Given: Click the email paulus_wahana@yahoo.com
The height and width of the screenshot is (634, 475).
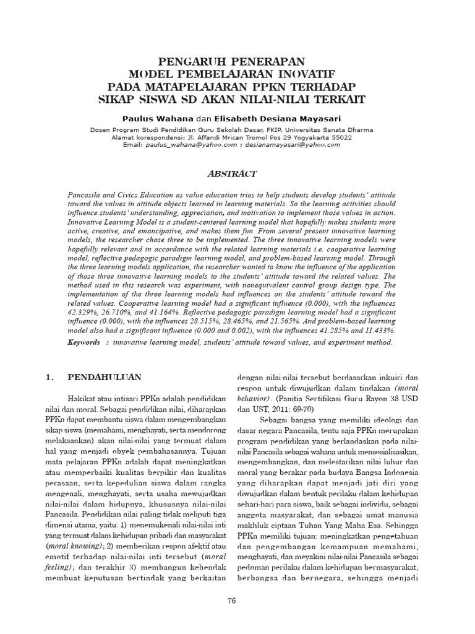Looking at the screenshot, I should [190, 144].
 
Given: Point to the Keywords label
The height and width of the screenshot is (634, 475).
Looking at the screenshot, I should [83, 342].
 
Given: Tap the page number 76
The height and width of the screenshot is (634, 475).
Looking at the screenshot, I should [233, 601].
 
